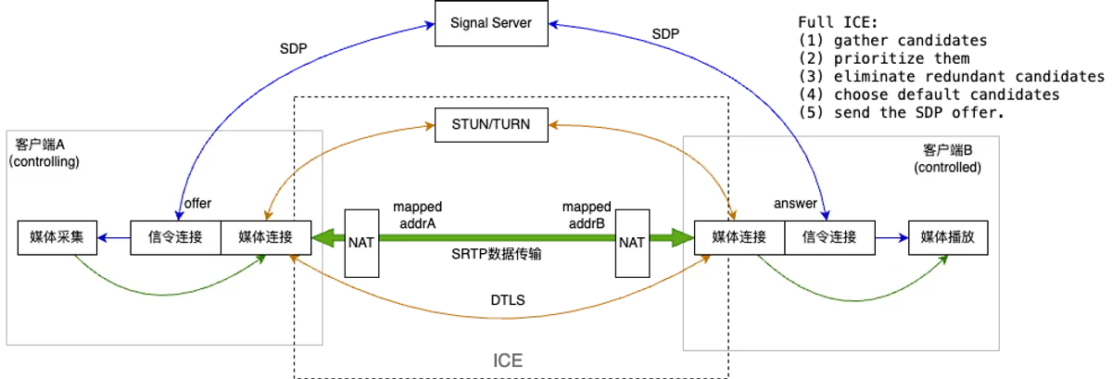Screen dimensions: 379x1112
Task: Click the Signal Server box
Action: coord(491,22)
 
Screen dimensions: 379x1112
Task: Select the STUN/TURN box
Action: coord(491,123)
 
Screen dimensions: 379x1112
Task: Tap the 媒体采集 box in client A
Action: coord(57,238)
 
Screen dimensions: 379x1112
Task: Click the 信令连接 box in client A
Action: coord(175,238)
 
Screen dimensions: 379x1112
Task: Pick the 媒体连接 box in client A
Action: coord(265,238)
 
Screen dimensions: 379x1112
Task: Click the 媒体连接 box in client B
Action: coord(739,238)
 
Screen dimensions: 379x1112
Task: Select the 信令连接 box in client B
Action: coord(829,238)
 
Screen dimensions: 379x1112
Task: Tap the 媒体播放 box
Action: coord(947,238)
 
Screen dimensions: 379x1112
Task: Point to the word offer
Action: coord(199,203)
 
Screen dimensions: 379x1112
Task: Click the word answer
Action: coord(795,203)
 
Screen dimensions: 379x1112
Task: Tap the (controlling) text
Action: coord(44,161)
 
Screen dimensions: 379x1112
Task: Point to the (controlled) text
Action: coord(947,168)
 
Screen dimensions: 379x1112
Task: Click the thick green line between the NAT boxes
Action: coord(497,239)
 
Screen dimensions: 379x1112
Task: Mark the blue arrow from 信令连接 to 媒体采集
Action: coord(115,238)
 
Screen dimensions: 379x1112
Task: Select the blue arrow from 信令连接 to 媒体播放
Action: coord(891,238)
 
